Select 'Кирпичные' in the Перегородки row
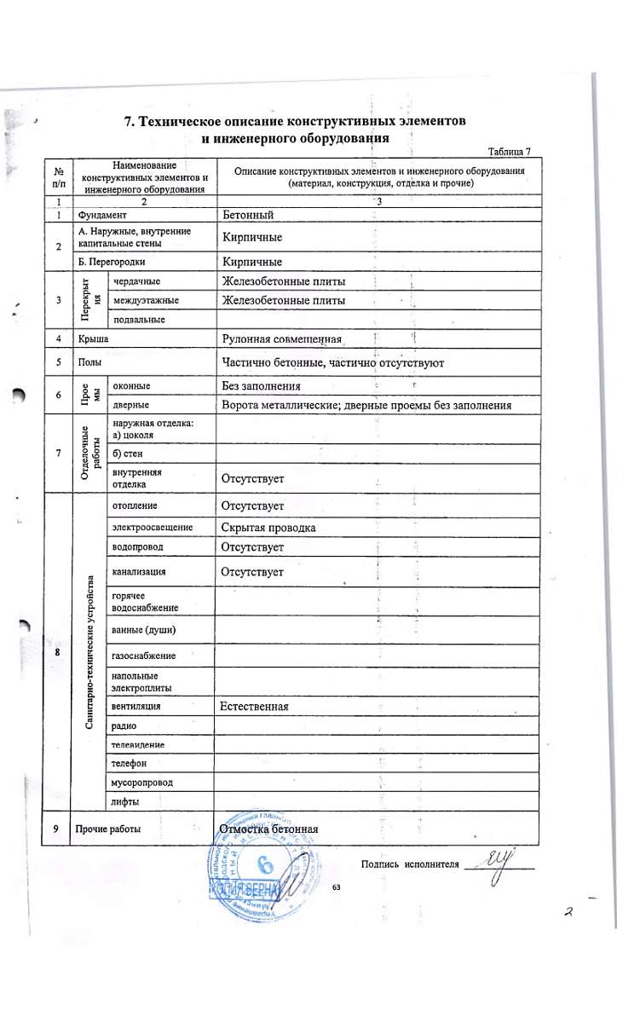251,261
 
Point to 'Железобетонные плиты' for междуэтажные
283,300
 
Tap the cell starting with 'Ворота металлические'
366,405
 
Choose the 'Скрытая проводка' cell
268,528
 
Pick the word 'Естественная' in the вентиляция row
254,706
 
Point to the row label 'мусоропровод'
141,781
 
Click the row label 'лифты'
125,801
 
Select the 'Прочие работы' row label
108,829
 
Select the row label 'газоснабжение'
143,655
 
